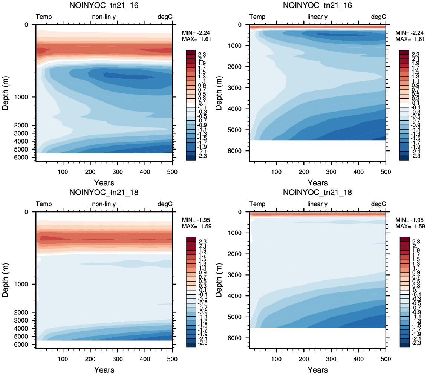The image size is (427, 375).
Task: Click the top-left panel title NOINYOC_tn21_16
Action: pyautogui.click(x=104, y=5)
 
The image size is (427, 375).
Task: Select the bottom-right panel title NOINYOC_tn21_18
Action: pyautogui.click(x=317, y=193)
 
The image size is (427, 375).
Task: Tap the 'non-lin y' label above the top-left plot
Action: pyautogui.click(x=104, y=17)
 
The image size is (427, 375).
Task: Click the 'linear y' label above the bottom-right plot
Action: pyautogui.click(x=317, y=204)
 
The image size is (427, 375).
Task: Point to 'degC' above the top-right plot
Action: pyautogui.click(x=378, y=17)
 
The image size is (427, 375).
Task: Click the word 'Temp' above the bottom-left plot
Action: pyautogui.click(x=44, y=204)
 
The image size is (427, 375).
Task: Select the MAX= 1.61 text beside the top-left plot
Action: pyautogui.click(x=197, y=39)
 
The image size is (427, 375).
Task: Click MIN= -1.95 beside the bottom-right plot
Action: pyautogui.click(x=410, y=220)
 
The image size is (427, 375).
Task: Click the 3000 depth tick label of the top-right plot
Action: pyautogui.click(x=234, y=88)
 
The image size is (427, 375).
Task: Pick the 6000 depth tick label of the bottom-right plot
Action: pyautogui.click(x=234, y=338)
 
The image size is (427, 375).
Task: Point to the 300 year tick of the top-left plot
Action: pyautogui.click(x=118, y=172)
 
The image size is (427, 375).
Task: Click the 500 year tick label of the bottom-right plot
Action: pyautogui.click(x=386, y=359)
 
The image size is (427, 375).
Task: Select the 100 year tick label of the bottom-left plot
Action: pyautogui.click(x=63, y=359)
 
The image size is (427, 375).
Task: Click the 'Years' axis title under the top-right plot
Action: pyautogui.click(x=318, y=183)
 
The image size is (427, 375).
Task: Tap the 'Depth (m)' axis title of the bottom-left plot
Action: pyautogui.click(x=5, y=280)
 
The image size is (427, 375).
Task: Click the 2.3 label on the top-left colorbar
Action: pyautogui.click(x=202, y=55)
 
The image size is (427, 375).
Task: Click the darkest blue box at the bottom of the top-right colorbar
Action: pyautogui.click(x=404, y=158)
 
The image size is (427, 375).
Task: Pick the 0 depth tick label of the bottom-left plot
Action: pyautogui.click(x=26, y=212)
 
